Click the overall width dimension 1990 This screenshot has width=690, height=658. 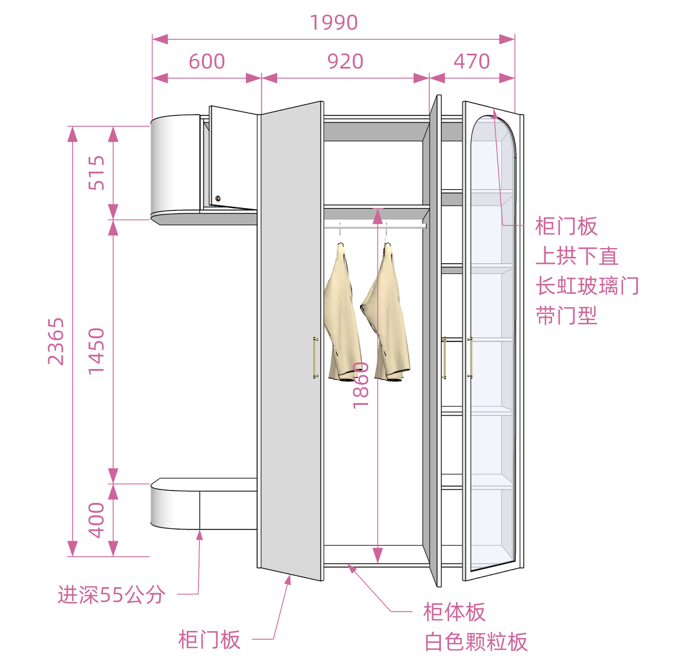pyautogui.click(x=334, y=23)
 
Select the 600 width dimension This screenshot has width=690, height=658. pyautogui.click(x=206, y=61)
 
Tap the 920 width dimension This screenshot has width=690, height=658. pyautogui.click(x=345, y=61)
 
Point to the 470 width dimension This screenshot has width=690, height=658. pyautogui.click(x=471, y=61)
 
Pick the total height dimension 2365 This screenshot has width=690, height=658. pyautogui.click(x=56, y=342)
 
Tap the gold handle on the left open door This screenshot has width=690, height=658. pyautogui.click(x=315, y=358)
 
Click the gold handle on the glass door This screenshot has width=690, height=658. pyautogui.click(x=469, y=358)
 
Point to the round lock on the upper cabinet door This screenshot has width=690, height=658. pyautogui.click(x=218, y=199)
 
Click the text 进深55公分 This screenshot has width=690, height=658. pyautogui.click(x=111, y=594)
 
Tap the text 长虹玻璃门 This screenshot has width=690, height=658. pyautogui.click(x=587, y=286)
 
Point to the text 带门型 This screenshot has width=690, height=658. pyautogui.click(x=566, y=315)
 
